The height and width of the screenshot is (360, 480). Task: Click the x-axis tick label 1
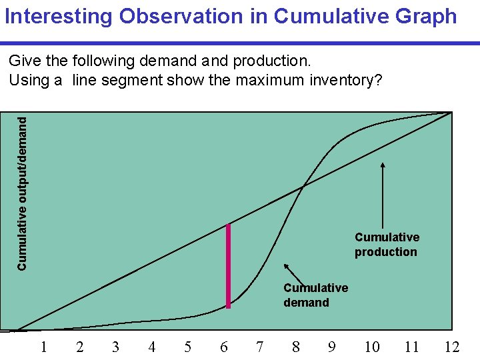[43, 347]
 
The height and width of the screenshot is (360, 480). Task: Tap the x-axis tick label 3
[115, 347]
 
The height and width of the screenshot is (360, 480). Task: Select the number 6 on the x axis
[223, 347]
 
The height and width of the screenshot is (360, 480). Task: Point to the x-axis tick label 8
[295, 347]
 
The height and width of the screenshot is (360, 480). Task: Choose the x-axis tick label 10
[371, 347]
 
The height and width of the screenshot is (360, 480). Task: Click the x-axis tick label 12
[453, 347]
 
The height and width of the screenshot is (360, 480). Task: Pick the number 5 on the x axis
[187, 347]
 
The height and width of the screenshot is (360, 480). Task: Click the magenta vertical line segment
[228, 267]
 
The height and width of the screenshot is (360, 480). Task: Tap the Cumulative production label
[387, 245]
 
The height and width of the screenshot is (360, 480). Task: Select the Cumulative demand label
[315, 295]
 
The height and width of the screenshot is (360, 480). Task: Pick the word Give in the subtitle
[25, 61]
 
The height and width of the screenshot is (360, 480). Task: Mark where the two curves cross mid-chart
[303, 187]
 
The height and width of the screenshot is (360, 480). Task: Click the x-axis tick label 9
[331, 347]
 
